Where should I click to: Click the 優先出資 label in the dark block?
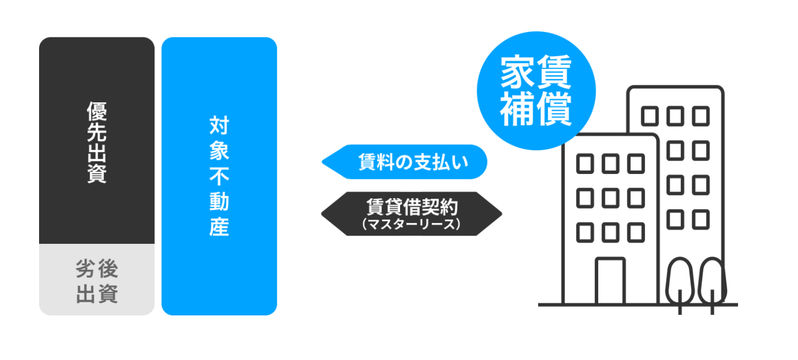coord(97,142)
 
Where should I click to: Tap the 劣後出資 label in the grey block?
coord(97,282)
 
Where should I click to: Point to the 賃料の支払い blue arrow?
coord(405,162)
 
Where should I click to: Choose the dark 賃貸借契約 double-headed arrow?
coord(412,214)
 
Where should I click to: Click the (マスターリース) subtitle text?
coord(412,225)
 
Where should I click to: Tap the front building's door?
coord(610,281)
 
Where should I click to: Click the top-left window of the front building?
coord(584,163)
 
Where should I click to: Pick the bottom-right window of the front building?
coord(636,233)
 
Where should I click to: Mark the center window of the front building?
coord(610,198)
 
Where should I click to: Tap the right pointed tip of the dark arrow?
coord(500,214)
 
